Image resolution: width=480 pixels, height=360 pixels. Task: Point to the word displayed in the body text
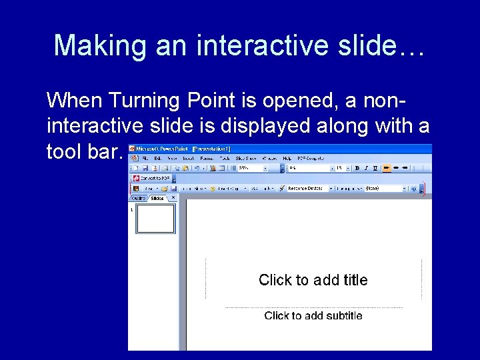(x=294, y=126)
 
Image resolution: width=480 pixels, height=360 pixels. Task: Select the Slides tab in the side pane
(x=157, y=198)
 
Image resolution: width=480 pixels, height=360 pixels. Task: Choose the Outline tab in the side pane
(x=137, y=198)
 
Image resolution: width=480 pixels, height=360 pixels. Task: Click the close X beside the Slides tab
(x=173, y=197)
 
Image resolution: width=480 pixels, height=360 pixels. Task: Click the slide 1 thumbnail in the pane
(x=155, y=219)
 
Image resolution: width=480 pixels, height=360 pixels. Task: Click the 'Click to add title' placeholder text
(x=313, y=280)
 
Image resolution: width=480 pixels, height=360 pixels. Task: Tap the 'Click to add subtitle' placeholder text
(x=313, y=315)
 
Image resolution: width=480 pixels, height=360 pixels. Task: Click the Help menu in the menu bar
(x=287, y=158)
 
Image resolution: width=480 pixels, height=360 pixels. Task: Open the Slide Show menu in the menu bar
(x=246, y=158)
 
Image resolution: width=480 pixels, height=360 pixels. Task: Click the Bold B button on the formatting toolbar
(x=357, y=168)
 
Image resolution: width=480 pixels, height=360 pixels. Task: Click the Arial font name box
(x=307, y=168)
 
